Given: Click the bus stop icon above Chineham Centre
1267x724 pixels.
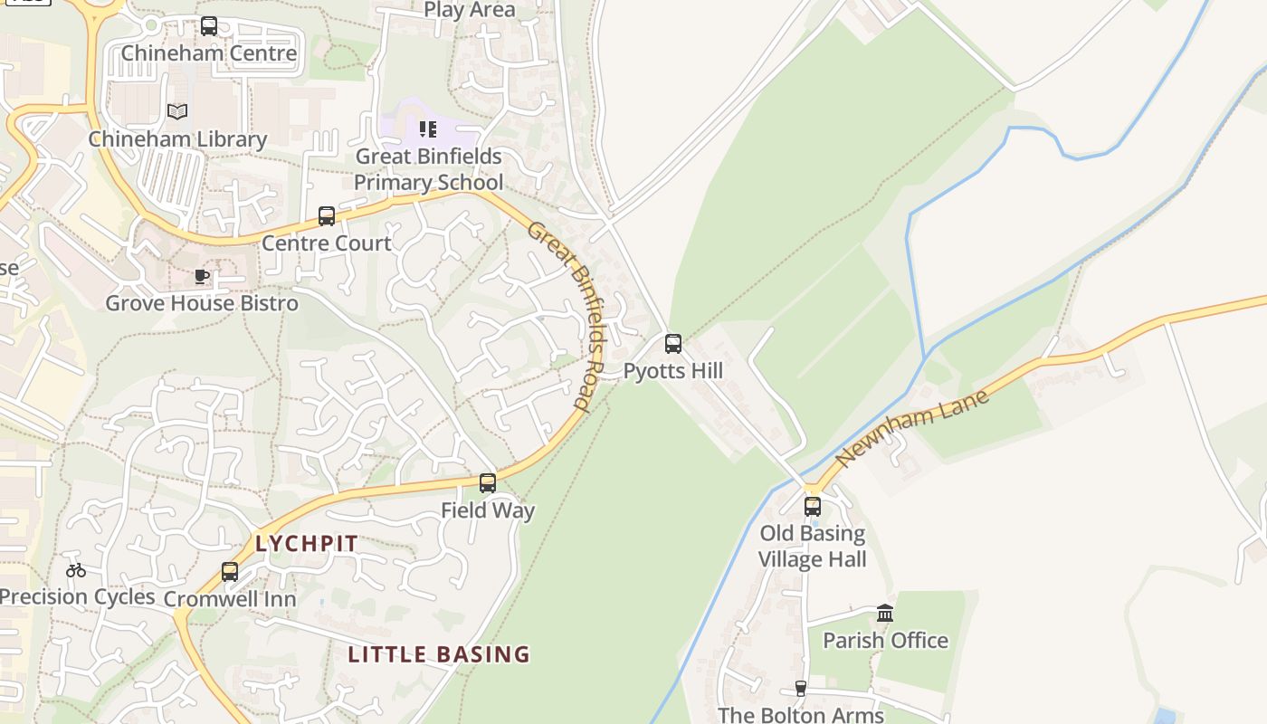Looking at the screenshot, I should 209,26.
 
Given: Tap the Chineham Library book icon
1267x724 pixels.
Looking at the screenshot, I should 177,112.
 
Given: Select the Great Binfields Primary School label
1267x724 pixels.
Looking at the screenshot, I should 428,169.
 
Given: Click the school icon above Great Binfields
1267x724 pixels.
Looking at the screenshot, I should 428,129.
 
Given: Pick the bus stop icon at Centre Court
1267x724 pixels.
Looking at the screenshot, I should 327,216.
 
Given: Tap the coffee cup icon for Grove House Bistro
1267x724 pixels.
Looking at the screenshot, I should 202,276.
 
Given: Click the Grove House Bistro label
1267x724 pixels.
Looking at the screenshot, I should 202,303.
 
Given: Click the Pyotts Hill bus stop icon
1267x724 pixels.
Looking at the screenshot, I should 673,344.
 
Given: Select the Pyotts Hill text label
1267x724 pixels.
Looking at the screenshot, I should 673,371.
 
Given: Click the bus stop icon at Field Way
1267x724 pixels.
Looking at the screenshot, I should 488,483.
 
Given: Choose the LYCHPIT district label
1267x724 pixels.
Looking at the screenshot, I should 307,544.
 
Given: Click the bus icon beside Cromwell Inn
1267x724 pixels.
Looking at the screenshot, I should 230,572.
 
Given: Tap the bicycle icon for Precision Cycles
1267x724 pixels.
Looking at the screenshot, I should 76,570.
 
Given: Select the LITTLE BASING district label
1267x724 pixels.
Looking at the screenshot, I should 439,654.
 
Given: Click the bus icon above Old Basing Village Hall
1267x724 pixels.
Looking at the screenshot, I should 813,507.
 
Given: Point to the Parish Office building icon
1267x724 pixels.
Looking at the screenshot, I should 885,614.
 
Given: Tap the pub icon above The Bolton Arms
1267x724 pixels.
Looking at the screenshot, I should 800,689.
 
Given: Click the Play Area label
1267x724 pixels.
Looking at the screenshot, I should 470,10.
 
